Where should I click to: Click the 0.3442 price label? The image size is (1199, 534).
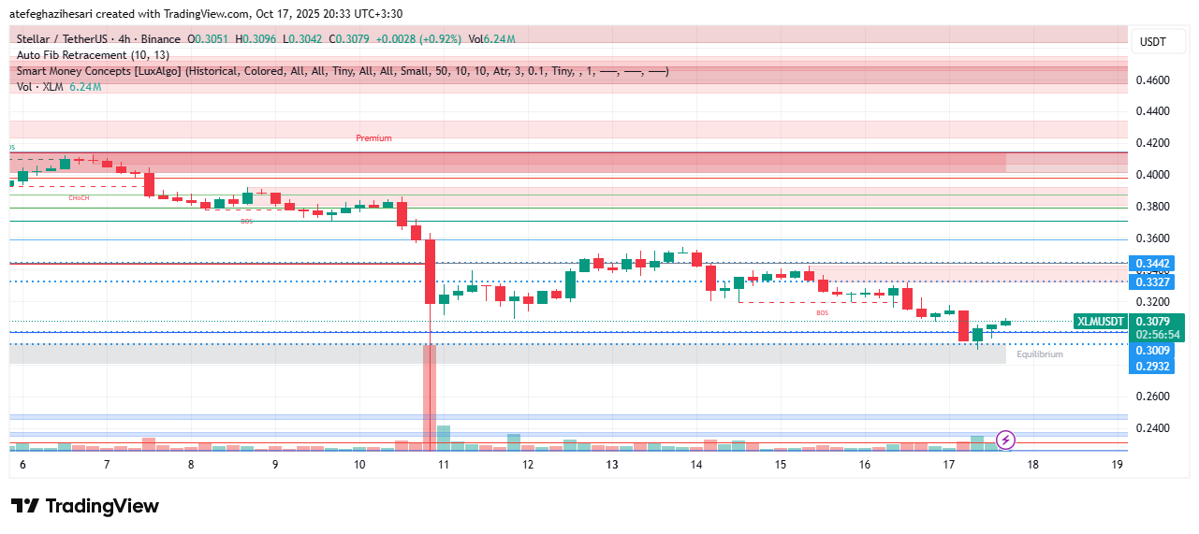(x=1152, y=264)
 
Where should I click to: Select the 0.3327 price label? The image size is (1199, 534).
(x=1152, y=281)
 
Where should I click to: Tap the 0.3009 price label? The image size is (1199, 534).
(x=1152, y=351)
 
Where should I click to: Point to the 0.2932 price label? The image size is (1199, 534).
(x=1152, y=366)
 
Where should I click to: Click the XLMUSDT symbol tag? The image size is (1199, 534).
(x=1101, y=321)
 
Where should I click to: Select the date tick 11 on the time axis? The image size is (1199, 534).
(x=444, y=465)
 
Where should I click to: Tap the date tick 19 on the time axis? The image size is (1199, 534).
(x=1117, y=465)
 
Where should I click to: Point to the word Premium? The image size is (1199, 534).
(x=373, y=138)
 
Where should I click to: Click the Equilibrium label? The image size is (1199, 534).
(x=1040, y=354)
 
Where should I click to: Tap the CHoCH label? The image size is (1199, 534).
(x=79, y=198)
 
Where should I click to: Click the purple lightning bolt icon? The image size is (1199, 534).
(x=1005, y=439)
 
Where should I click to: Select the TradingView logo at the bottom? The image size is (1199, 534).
(x=85, y=506)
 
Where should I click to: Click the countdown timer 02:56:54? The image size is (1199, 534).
(x=1157, y=334)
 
